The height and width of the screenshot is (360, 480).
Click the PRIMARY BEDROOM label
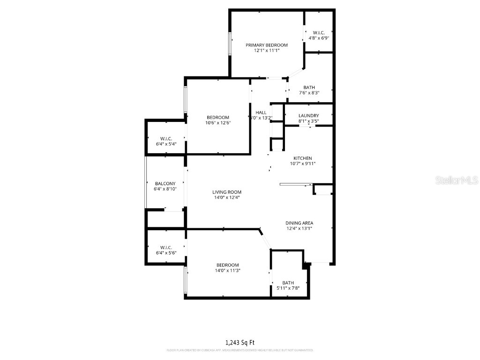pyautogui.click(x=267, y=45)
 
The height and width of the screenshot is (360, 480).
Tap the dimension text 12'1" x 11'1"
pyautogui.click(x=267, y=51)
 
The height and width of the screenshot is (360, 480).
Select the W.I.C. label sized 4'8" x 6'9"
pyautogui.click(x=319, y=33)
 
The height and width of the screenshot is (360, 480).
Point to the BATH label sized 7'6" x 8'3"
pyautogui.click(x=309, y=87)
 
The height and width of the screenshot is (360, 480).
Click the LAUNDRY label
pyautogui.click(x=308, y=115)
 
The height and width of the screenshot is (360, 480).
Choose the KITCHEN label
pyautogui.click(x=302, y=158)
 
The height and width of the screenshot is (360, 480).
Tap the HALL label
pyautogui.click(x=261, y=112)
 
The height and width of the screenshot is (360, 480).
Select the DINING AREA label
pyautogui.click(x=300, y=223)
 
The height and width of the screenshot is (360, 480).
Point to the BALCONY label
pyautogui.click(x=165, y=183)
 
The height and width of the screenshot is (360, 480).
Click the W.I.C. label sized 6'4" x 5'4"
pyautogui.click(x=166, y=139)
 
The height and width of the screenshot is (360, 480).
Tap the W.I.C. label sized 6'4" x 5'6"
pyautogui.click(x=166, y=247)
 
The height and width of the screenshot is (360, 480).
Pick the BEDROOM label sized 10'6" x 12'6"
pyautogui.click(x=218, y=117)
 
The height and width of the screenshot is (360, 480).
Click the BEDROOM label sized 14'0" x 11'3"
pyautogui.click(x=227, y=265)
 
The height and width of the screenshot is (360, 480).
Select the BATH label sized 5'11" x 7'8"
pyautogui.click(x=288, y=283)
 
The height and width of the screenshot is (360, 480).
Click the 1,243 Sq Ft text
pyautogui.click(x=240, y=343)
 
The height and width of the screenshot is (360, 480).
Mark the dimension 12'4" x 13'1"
pyautogui.click(x=300, y=229)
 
